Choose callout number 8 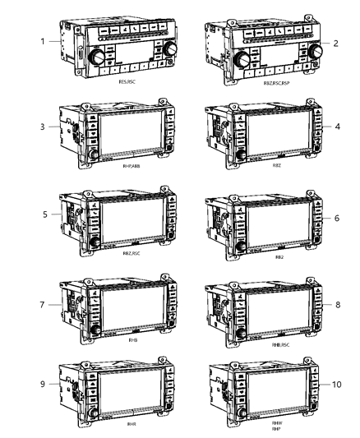(336, 304)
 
